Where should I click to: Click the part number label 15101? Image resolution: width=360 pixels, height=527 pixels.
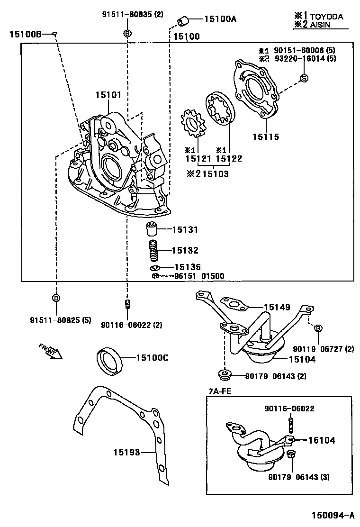[x=108, y=95]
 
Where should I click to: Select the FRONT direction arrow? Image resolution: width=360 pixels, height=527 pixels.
[x=51, y=352]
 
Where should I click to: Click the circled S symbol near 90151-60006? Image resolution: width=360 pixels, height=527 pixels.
[x=304, y=78]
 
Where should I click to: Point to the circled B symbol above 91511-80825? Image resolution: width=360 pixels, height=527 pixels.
[x=56, y=298]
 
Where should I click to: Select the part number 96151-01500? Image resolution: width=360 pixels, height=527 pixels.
[x=199, y=276]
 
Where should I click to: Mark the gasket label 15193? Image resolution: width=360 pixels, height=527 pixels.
[x=126, y=452]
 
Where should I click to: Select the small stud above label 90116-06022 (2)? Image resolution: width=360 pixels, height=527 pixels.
[x=127, y=304]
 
